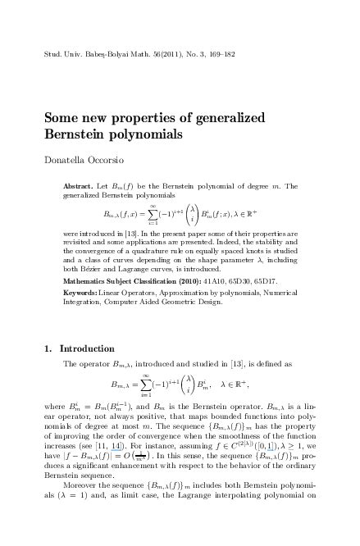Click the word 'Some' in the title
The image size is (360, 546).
click(62, 117)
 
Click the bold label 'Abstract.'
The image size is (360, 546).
click(78, 186)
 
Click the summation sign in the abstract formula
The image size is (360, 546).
click(153, 213)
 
